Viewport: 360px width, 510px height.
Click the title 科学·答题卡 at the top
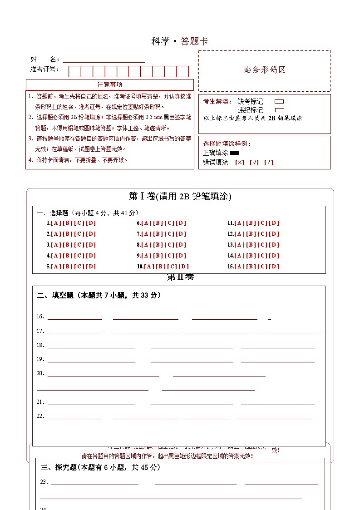point(180,41)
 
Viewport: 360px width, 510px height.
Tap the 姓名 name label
point(44,59)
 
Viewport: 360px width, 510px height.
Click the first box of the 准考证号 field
point(75,71)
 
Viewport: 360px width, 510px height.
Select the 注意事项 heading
point(109,84)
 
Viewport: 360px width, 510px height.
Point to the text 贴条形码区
point(265,70)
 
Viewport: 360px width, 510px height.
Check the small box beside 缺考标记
point(280,102)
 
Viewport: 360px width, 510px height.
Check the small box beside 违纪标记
point(280,110)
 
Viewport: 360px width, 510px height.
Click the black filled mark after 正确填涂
point(235,153)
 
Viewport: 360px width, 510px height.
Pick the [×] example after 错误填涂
point(239,162)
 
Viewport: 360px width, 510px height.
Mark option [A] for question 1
point(56,223)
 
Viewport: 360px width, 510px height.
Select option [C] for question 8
point(169,245)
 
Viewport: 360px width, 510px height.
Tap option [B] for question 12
point(251,234)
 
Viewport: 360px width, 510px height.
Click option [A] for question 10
point(149,267)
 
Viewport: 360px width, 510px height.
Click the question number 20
point(40,373)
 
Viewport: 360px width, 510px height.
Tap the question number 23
point(44,482)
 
